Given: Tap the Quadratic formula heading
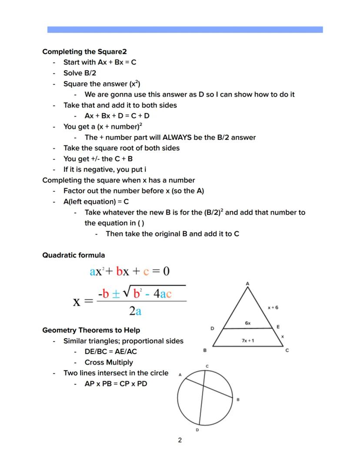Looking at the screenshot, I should coord(73,255).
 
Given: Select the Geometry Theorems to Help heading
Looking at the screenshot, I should coord(91,330).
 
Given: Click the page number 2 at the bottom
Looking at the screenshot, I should coord(180,440).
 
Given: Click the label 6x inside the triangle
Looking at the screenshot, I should coord(248,323).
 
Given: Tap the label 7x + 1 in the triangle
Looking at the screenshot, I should coord(248,341).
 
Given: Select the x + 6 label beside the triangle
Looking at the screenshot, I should coord(273,308).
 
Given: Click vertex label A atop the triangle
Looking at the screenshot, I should coord(248,284).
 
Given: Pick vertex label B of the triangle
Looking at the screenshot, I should coord(205,350).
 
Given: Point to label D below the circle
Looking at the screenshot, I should coord(197,430).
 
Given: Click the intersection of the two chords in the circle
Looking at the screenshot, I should coord(203,385).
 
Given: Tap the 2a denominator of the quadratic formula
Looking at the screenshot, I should coord(135,311).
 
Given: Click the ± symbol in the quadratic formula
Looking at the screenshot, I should coord(116,294).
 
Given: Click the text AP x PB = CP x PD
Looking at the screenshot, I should coord(116,384).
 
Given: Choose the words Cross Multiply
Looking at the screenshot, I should coord(109,362).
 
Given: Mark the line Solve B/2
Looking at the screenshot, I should coord(80,73).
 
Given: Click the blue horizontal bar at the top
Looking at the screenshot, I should coord(185,30).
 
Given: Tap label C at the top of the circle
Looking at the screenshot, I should coord(207,366).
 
